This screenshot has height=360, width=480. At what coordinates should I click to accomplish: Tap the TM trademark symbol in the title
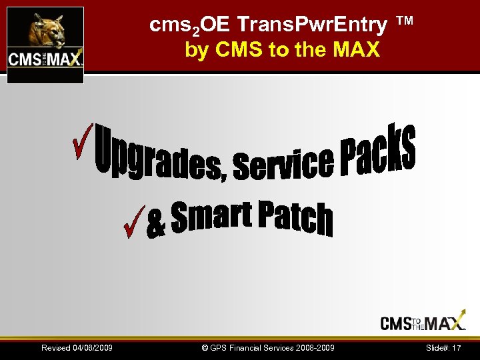405,21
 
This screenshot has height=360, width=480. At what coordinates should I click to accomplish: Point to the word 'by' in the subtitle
197,50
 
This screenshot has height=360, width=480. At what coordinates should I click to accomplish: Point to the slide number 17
457,348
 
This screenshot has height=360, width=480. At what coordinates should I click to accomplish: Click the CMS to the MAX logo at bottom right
423,323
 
